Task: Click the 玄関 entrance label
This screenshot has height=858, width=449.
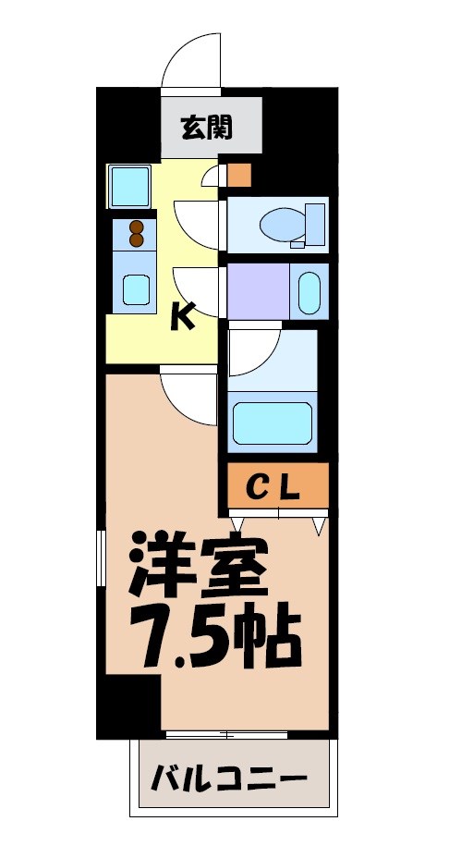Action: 206,127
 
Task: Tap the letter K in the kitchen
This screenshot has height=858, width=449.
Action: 183,317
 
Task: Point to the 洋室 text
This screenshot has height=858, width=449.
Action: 199,570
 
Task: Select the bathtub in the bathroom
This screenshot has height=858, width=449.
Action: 273,422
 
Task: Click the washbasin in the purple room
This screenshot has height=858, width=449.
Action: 309,291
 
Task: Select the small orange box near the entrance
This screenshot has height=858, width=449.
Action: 238,174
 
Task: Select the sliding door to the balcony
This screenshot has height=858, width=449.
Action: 227,735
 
